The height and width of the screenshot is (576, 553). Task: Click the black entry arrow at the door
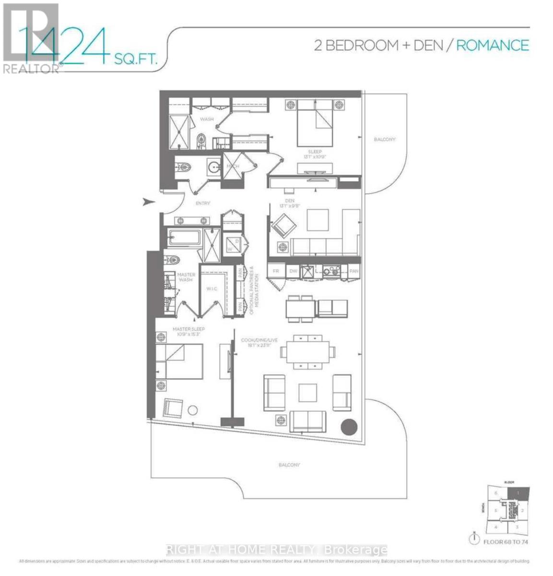tap(149, 202)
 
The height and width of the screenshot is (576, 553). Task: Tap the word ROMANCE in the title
tap(492, 45)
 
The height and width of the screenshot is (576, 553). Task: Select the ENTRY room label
tap(203, 203)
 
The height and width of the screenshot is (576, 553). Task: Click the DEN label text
tap(289, 201)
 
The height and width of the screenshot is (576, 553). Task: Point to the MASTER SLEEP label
tap(188, 329)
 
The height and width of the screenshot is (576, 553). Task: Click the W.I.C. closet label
tap(212, 289)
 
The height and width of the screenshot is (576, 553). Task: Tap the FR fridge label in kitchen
tap(276, 271)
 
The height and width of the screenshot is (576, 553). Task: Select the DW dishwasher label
tap(294, 271)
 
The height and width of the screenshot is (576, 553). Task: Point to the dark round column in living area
tap(349, 426)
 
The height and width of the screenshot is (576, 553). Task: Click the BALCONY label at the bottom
tap(289, 465)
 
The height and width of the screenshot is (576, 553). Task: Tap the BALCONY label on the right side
tap(385, 139)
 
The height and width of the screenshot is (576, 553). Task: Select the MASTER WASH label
tap(186, 277)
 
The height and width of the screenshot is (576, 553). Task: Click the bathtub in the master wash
tap(184, 237)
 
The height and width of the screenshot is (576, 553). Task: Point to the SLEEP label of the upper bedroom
tap(315, 152)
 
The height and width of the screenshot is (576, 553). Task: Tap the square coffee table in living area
tap(307, 392)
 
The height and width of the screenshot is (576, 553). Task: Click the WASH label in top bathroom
tap(207, 119)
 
